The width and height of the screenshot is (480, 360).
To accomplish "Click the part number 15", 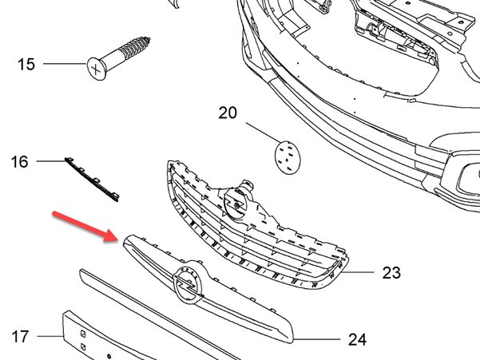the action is (x=26, y=64).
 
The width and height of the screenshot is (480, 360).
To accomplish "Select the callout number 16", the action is (x=19, y=161).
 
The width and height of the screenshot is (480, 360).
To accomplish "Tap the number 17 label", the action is (x=20, y=336).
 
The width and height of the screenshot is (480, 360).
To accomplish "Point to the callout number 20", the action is (x=228, y=113).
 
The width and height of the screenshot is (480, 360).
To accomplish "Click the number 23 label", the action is (x=391, y=272).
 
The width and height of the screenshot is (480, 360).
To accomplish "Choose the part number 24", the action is (x=357, y=339).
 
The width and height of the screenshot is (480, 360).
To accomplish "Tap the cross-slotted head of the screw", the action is (x=96, y=69).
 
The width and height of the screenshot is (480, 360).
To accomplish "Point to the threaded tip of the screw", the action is (x=147, y=40).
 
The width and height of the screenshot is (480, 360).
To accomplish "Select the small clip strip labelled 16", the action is (x=92, y=180).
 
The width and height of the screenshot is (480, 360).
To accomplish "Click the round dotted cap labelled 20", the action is (x=288, y=157).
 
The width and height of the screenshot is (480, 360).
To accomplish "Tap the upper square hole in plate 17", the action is (x=83, y=334).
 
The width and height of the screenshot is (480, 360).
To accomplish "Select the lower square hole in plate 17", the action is (x=83, y=347).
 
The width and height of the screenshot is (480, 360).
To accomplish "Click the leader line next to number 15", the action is (x=65, y=64).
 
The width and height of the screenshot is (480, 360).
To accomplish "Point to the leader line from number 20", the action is (x=263, y=133).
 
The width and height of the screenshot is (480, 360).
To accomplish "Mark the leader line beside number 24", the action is (x=317, y=339).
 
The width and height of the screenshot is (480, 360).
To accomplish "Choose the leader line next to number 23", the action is (x=358, y=272).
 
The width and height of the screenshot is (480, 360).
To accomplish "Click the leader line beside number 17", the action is (x=50, y=336).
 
